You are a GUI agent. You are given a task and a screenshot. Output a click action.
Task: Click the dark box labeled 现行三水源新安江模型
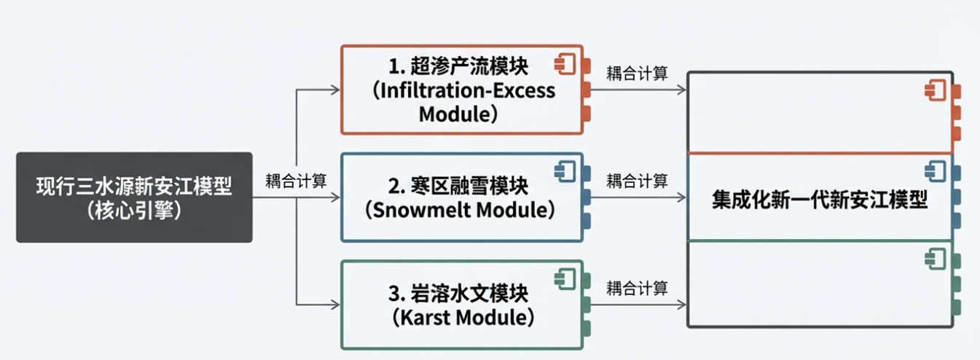tap(134, 187)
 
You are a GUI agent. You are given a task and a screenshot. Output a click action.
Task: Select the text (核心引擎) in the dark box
tap(134, 210)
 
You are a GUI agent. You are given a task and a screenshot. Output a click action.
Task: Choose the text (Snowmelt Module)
tap(460, 210)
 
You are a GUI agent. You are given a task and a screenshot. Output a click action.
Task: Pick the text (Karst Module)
tap(460, 317)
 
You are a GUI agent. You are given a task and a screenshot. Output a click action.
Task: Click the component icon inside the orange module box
tap(565, 64)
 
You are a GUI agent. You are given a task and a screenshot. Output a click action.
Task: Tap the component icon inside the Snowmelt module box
tap(565, 172)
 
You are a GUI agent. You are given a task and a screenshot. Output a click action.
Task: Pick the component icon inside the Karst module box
tap(565, 278)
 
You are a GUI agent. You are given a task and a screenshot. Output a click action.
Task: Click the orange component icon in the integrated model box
tap(934, 90)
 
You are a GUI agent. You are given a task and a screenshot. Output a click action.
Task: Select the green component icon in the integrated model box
tap(934, 257)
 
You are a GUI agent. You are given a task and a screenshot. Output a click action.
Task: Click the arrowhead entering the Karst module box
tap(336, 304)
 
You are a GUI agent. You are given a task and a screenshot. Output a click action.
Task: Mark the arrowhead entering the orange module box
tap(336, 90)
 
